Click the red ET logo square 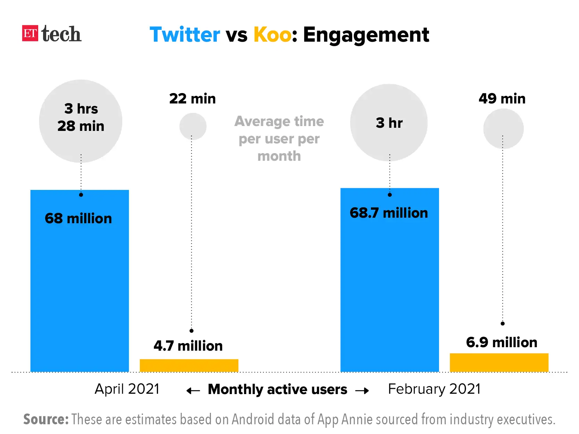click(x=30, y=33)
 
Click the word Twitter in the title click(x=184, y=35)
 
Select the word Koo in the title click(x=272, y=35)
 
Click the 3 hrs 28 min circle click(x=81, y=121)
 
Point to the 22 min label click(x=192, y=99)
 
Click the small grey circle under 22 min click(x=193, y=126)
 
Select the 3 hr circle click(x=389, y=123)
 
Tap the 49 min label click(x=502, y=99)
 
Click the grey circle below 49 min click(x=503, y=128)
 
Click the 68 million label click(x=78, y=218)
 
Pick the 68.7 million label click(x=389, y=213)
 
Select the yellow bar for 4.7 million click(x=189, y=365)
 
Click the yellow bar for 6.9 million click(x=499, y=362)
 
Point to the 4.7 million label click(x=188, y=346)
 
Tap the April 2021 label click(x=127, y=389)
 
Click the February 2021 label click(x=434, y=389)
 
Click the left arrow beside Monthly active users click(x=193, y=391)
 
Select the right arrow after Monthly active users click(x=362, y=391)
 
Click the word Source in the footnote click(x=46, y=419)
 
